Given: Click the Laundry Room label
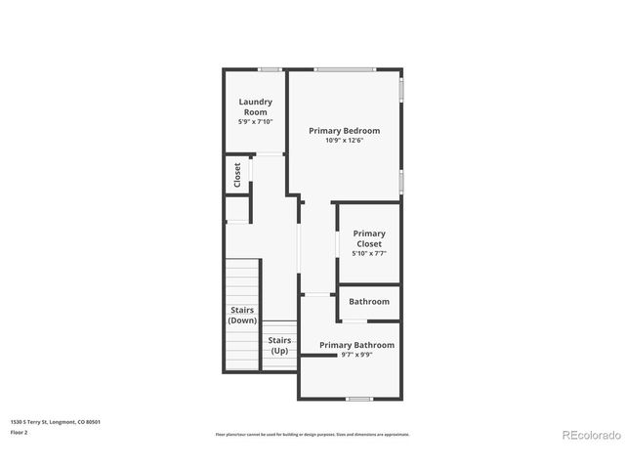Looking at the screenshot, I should pyautogui.click(x=256, y=107).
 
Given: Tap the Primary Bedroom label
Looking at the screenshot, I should pyautogui.click(x=344, y=130).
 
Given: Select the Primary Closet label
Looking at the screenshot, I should pyautogui.click(x=369, y=238).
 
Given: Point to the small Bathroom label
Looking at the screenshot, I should pyautogui.click(x=369, y=302).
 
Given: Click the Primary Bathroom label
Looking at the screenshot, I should pyautogui.click(x=356, y=345).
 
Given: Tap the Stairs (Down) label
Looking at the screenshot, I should pyautogui.click(x=242, y=316).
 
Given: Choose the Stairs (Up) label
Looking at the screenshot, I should pyautogui.click(x=279, y=345).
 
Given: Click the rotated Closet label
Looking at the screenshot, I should pyautogui.click(x=237, y=175).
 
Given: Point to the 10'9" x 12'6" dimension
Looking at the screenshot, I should pyautogui.click(x=344, y=141).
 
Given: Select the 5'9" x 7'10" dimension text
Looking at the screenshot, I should pyautogui.click(x=256, y=122).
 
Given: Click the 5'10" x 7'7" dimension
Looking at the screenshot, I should pyautogui.click(x=369, y=254).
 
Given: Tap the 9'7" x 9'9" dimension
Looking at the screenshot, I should pyautogui.click(x=356, y=355).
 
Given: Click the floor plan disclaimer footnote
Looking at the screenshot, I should pyautogui.click(x=312, y=434).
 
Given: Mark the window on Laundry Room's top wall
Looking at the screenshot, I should pyautogui.click(x=271, y=69).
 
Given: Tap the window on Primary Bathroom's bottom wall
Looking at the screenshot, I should pyautogui.click(x=359, y=399).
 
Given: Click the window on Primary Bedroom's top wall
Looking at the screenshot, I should pyautogui.click(x=344, y=69).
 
